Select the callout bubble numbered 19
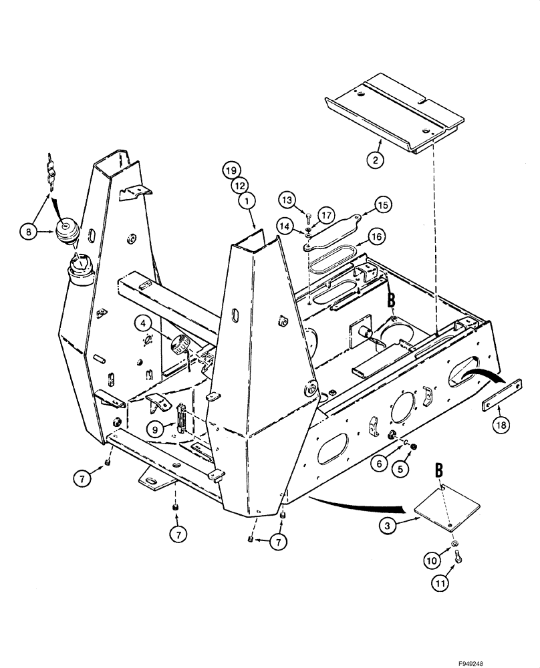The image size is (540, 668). click(231, 171)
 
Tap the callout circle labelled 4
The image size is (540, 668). click(142, 323)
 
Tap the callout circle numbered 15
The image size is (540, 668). click(383, 204)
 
